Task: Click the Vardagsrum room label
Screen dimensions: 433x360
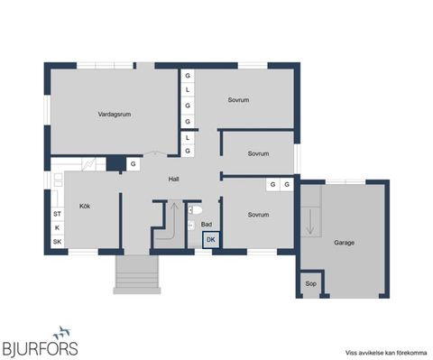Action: click(x=115, y=115)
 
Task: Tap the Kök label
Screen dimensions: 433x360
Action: click(x=85, y=206)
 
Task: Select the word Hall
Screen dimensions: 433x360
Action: click(x=173, y=179)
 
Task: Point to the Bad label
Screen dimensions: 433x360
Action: click(x=207, y=224)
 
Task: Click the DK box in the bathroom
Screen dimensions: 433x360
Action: click(x=211, y=240)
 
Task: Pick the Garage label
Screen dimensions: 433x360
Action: click(x=344, y=243)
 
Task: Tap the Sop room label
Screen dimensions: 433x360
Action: click(x=310, y=283)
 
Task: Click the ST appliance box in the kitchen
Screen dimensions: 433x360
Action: click(x=57, y=214)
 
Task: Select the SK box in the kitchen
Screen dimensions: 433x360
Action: click(x=57, y=242)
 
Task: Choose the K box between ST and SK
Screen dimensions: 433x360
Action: click(x=57, y=228)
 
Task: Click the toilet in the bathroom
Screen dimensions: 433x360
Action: click(x=196, y=210)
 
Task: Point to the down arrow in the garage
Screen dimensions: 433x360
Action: click(x=310, y=222)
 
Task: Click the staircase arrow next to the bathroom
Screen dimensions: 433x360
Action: click(x=174, y=221)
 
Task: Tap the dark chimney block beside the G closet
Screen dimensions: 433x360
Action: click(x=116, y=164)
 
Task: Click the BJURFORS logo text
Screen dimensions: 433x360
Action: click(x=40, y=349)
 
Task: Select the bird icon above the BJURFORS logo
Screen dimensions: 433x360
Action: click(x=62, y=332)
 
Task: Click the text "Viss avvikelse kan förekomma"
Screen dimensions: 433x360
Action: click(x=386, y=353)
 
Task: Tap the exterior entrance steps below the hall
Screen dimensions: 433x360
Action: click(x=137, y=274)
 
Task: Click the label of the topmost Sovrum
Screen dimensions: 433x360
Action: click(x=238, y=100)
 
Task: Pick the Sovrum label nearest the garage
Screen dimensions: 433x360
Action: click(x=258, y=215)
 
